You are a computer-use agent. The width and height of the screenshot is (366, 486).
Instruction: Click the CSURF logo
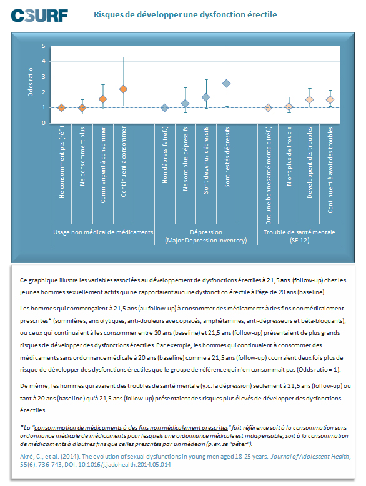tap(39, 16)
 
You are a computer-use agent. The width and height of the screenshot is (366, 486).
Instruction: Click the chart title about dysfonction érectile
tap(185, 14)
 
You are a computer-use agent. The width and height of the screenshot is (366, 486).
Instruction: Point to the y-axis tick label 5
tap(44, 46)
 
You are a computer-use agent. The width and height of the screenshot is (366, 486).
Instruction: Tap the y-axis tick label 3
tap(44, 77)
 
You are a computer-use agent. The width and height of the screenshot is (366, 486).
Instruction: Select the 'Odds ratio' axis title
tap(31, 82)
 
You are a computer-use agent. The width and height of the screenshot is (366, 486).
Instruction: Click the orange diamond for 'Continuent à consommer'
tap(123, 89)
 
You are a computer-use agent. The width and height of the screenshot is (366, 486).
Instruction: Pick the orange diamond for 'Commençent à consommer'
tap(103, 99)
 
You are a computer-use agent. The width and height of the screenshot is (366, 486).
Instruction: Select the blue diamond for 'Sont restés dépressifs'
tap(227, 84)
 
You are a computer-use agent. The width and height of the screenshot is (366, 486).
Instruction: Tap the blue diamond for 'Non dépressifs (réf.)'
tap(165, 108)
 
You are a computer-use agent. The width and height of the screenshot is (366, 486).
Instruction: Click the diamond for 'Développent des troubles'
tap(309, 100)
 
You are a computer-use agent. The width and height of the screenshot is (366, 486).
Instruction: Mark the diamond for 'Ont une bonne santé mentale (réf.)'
tap(268, 108)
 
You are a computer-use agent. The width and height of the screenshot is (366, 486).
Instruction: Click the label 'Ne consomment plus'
tap(82, 157)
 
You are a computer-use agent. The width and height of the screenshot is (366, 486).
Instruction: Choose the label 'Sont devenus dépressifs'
tap(206, 161)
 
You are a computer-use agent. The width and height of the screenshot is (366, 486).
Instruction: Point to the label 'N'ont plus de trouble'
tap(289, 156)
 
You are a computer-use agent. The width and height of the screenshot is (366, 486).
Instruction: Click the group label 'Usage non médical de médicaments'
tap(103, 232)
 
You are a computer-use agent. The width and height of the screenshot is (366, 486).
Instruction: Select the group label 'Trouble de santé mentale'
tap(299, 232)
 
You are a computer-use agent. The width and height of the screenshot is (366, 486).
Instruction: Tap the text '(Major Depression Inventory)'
tap(206, 241)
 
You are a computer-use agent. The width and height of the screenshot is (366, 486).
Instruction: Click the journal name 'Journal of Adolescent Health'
tap(310, 457)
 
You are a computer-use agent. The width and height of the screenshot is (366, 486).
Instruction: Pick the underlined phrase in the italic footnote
tap(131, 428)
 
